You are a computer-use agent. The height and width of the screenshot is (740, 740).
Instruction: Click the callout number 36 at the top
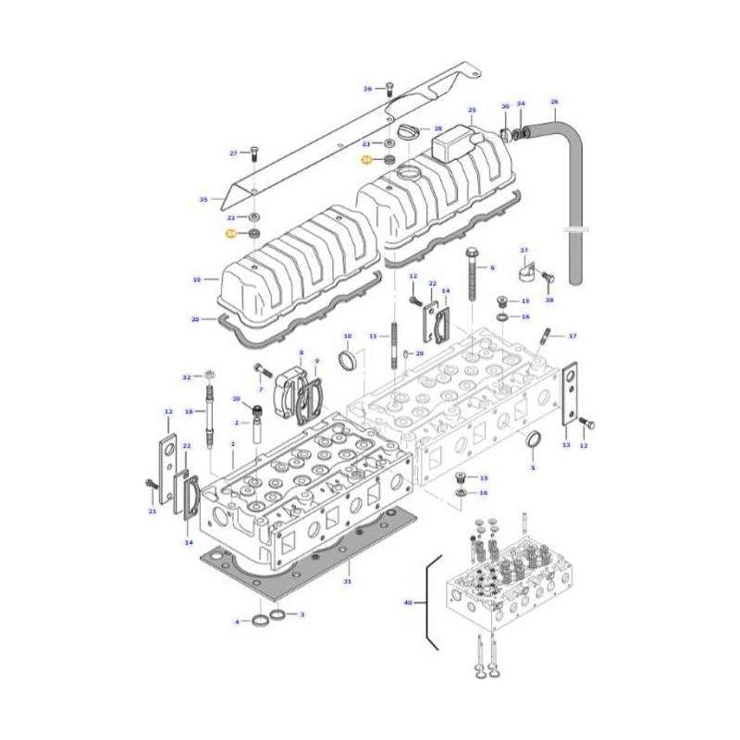coord(366,89)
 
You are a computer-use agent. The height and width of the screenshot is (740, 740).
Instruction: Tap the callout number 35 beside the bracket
coord(203,199)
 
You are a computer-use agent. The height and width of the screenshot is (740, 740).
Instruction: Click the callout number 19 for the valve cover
coord(196,278)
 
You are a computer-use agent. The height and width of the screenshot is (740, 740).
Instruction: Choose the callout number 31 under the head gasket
coord(347,581)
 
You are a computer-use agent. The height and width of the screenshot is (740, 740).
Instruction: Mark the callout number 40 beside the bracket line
coord(408,603)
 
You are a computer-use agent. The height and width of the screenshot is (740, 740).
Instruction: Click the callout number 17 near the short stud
coord(573,335)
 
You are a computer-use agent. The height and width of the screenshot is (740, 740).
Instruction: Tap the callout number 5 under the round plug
coord(532,469)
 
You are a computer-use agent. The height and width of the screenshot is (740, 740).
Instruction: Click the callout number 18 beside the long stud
coord(189,411)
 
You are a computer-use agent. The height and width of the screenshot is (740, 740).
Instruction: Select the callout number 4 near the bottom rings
coord(238,622)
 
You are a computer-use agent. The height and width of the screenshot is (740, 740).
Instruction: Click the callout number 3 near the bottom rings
coord(301,614)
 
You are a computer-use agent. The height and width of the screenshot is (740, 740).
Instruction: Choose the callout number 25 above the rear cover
coord(471,110)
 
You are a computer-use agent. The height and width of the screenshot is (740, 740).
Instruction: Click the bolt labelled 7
coord(258,372)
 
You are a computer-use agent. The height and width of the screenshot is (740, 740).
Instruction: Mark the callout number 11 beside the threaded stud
coord(373,335)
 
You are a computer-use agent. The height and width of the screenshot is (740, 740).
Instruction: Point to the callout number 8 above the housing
coord(301,352)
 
